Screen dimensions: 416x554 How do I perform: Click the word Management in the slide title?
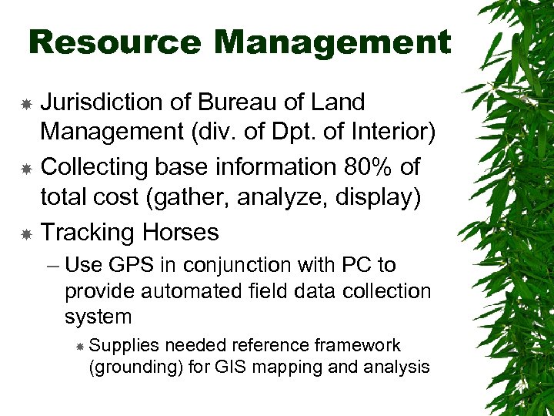click(332, 42)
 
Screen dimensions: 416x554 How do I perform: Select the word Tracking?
click(83, 232)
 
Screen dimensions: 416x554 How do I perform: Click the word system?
click(98, 317)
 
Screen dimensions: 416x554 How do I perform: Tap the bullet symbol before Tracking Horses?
click(27, 233)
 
